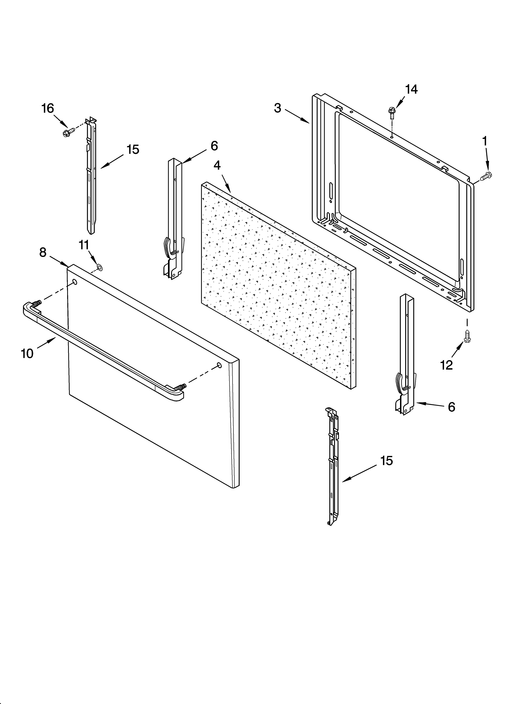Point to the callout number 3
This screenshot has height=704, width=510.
(277, 108)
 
